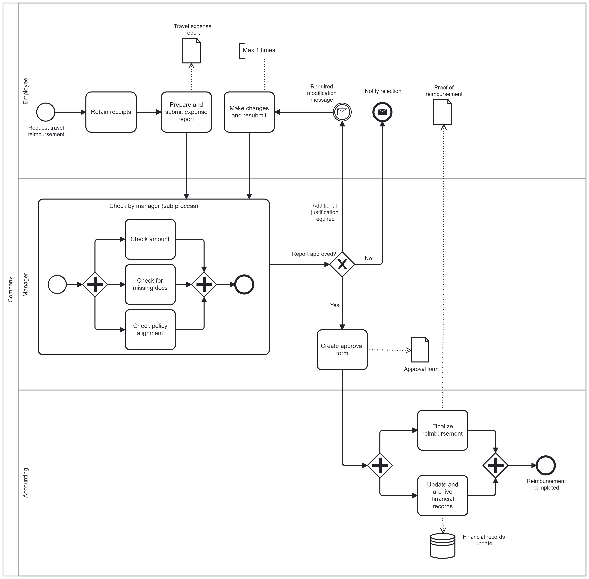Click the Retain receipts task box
point(111,112)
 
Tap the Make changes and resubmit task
point(249,112)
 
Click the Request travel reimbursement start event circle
point(46,112)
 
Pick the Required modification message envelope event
point(342,112)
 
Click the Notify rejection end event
point(382,112)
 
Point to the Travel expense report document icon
point(191,50)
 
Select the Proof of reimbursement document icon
point(442,112)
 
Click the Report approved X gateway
point(342,264)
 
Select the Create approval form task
point(342,350)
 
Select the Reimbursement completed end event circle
point(546,465)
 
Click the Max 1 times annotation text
point(259,50)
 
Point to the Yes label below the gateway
point(335,305)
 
